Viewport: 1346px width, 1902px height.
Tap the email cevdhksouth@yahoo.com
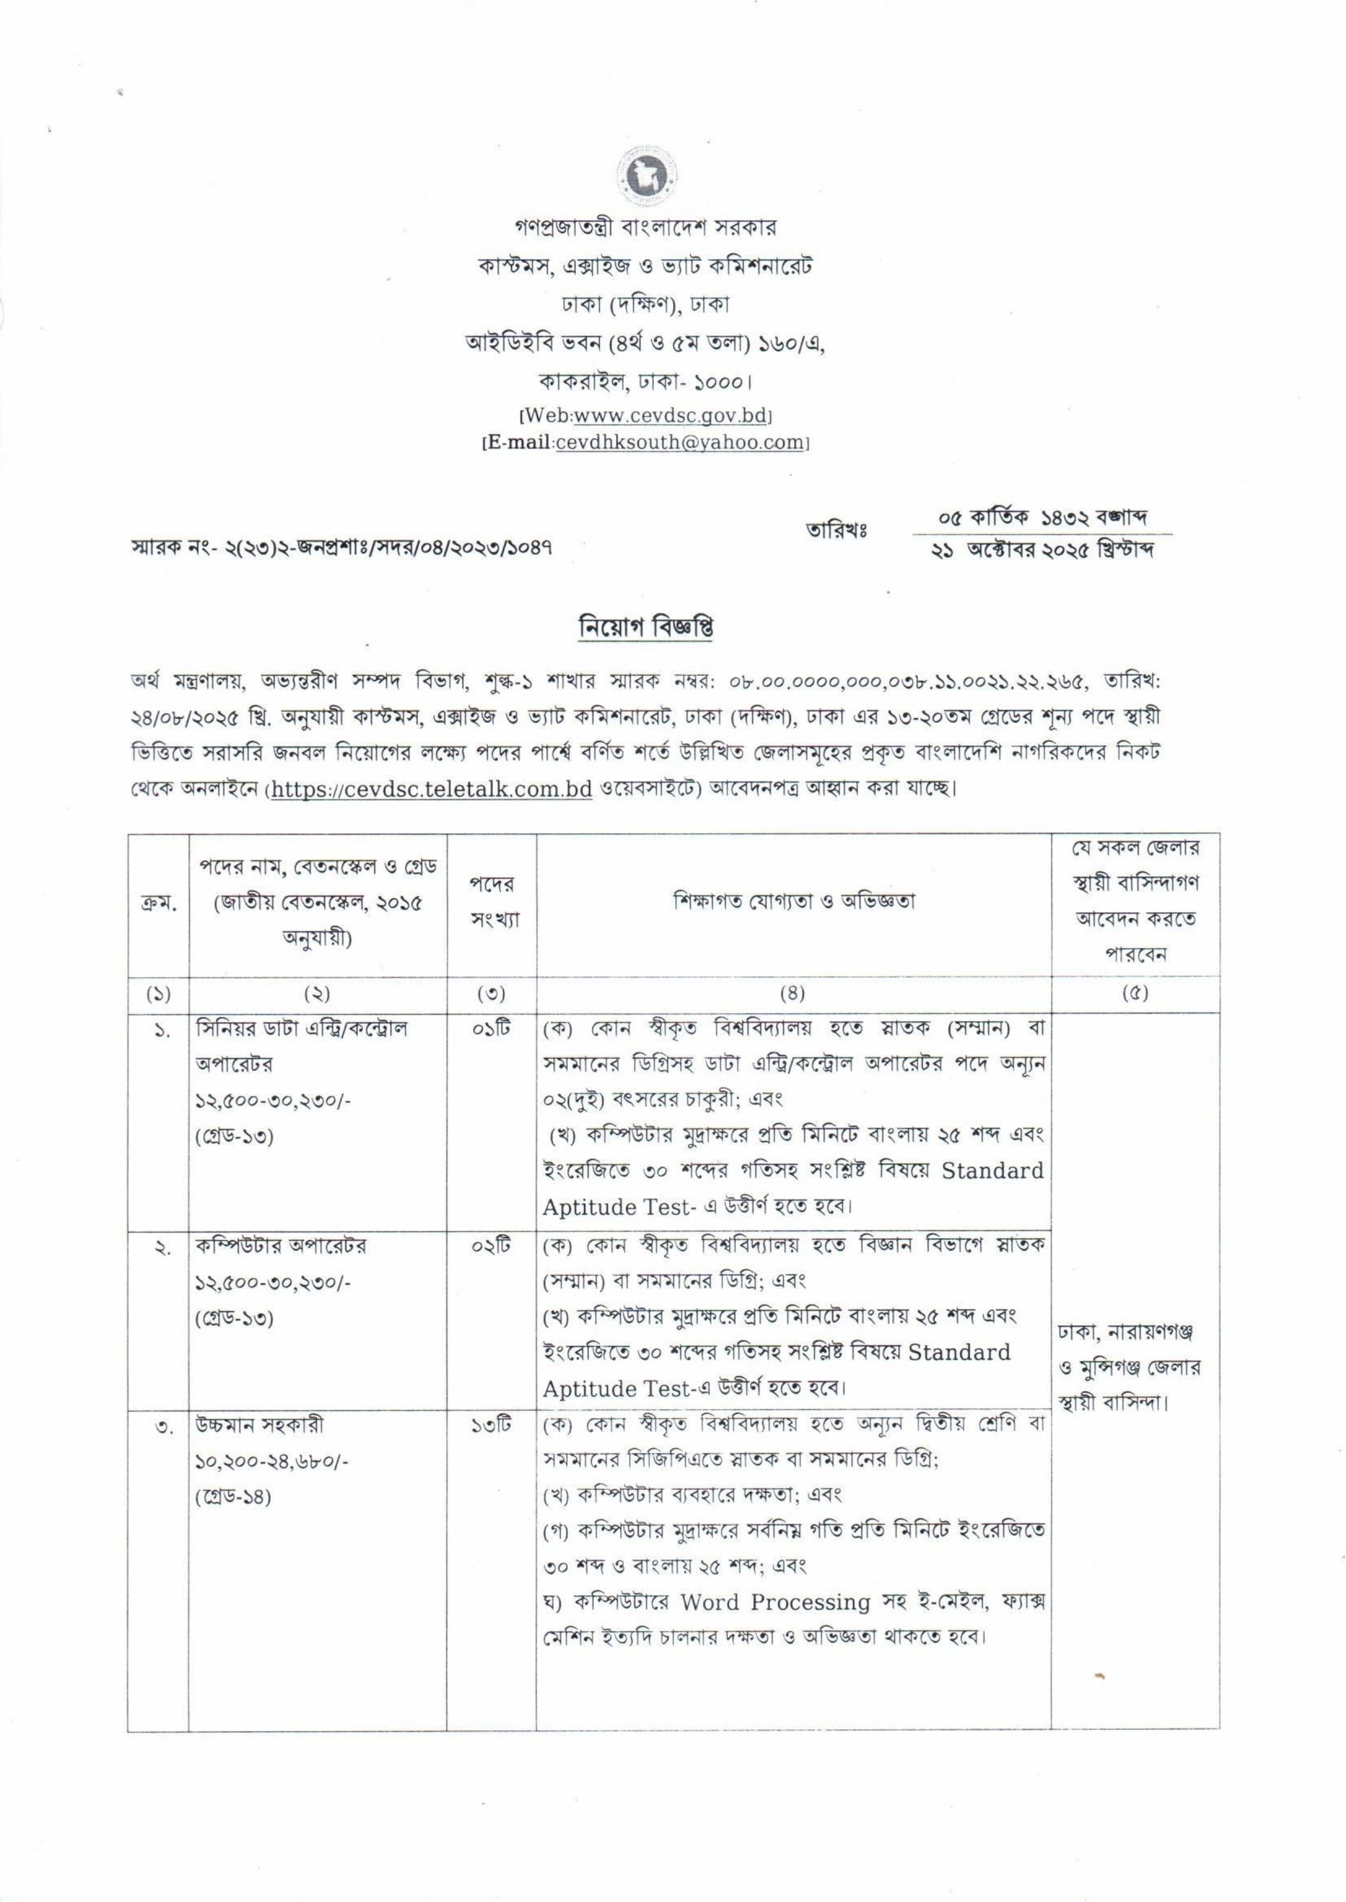coord(680,443)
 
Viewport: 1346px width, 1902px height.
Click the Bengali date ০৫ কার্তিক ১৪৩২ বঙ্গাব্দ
coord(1042,519)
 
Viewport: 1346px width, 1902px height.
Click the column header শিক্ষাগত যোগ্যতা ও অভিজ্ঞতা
coord(794,902)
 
